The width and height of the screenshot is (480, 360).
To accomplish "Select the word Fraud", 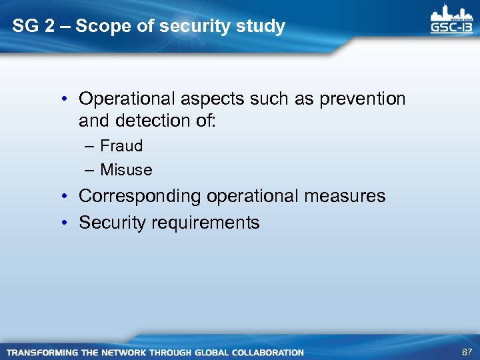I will [x=121, y=146].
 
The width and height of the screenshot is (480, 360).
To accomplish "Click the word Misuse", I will [x=126, y=170].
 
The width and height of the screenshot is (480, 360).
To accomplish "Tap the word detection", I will [x=155, y=121].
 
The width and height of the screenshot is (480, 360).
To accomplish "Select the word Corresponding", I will [x=139, y=197].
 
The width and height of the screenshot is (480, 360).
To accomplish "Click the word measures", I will [x=343, y=197].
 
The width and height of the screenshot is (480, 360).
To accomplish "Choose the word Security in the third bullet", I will [x=111, y=223].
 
